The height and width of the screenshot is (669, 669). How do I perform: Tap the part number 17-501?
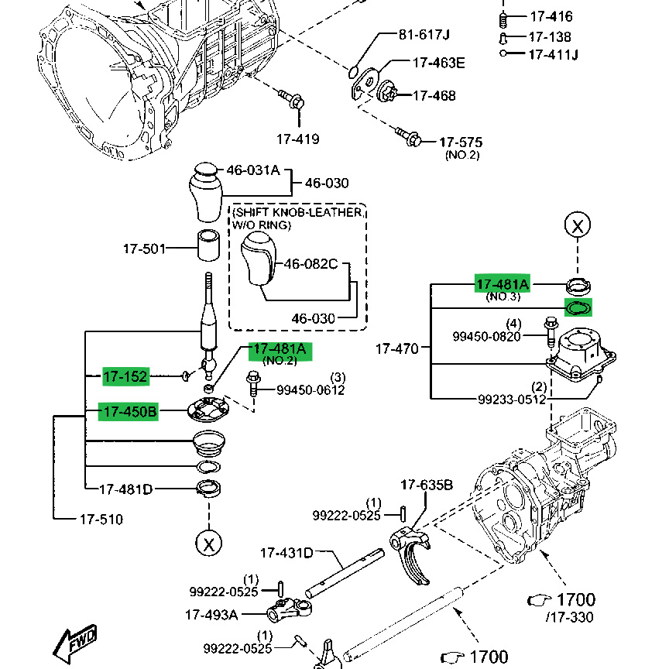tap(143, 249)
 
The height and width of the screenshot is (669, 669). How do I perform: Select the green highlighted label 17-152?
tap(125, 377)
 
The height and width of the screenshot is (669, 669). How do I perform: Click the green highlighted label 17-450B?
tap(129, 412)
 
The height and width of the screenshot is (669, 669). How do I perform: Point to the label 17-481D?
tap(126, 489)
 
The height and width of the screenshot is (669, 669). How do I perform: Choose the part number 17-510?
tap(101, 519)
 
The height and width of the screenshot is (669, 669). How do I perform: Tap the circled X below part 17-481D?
tap(208, 543)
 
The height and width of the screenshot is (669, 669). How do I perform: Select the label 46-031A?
tap(252, 170)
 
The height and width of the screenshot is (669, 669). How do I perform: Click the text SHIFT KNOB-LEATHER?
tap(298, 212)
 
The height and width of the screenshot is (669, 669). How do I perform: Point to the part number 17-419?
tap(298, 139)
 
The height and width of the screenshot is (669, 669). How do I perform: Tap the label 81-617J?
tap(424, 35)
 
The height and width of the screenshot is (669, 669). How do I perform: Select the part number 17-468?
tap(434, 96)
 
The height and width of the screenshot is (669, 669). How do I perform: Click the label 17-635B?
tap(427, 485)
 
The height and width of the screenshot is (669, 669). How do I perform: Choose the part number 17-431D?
tap(286, 553)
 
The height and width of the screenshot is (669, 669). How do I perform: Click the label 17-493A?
tap(211, 615)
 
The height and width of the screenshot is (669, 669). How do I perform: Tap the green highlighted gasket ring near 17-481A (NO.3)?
tap(578, 307)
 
